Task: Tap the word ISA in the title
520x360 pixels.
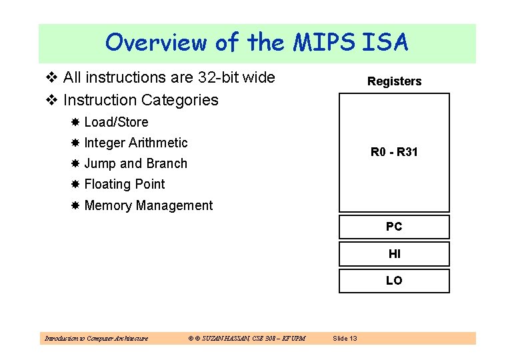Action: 386,43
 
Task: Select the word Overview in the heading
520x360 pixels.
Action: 156,43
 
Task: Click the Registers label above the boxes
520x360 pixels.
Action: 394,81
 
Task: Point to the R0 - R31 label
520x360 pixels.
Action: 394,152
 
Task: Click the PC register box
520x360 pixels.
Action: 394,227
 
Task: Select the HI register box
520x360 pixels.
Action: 394,254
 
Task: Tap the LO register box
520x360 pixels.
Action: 394,281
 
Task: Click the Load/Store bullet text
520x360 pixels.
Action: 116,122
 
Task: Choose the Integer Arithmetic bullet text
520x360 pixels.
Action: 136,143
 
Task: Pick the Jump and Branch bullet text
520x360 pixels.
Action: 135,163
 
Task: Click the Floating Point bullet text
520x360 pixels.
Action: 124,184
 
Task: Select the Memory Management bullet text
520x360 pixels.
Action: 148,205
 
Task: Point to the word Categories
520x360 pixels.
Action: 179,100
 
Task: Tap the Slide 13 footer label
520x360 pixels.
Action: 345,339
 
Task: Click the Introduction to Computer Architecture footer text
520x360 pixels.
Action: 96,339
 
